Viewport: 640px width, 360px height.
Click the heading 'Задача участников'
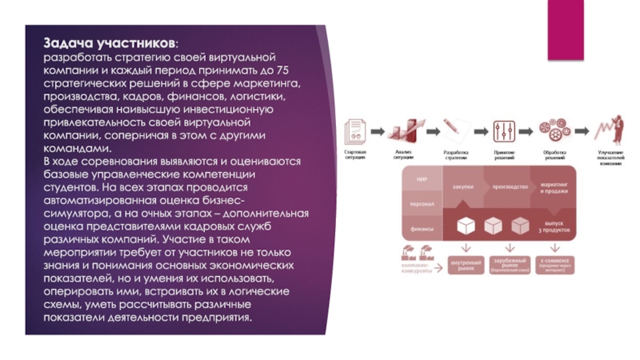(111, 43)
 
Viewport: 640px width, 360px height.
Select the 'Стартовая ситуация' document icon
(355, 130)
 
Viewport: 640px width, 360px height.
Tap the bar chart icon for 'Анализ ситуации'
(404, 130)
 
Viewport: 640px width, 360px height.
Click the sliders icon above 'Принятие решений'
(504, 130)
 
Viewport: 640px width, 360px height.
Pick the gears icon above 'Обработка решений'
(554, 130)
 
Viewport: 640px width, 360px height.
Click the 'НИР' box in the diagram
(421, 180)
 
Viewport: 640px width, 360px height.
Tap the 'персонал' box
(421, 204)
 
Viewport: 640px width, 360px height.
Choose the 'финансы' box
(421, 227)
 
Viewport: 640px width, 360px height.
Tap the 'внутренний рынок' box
(465, 264)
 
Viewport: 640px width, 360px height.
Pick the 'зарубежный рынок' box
(511, 264)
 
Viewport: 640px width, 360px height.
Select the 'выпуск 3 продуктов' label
(559, 226)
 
